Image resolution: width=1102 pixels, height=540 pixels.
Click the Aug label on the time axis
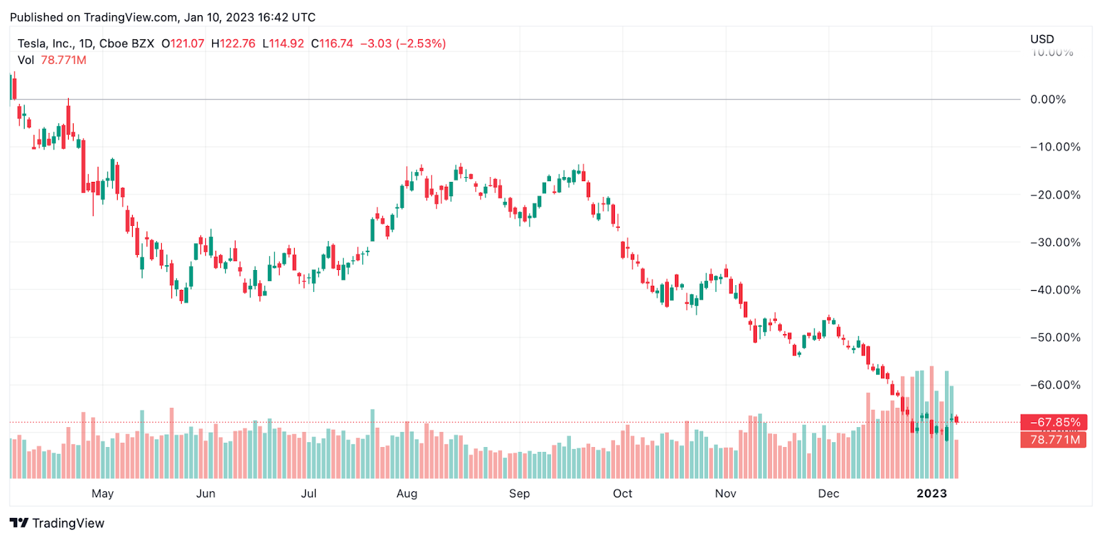pos(407,493)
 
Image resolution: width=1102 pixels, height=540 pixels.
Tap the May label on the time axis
pos(103,493)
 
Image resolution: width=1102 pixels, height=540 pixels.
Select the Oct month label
pos(623,493)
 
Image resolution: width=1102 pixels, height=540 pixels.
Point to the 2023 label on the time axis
pos(932,493)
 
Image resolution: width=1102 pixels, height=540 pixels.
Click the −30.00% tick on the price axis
pos(1055,242)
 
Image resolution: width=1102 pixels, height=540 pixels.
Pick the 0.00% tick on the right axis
pos(1048,100)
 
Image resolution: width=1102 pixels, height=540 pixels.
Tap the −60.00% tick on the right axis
pos(1055,385)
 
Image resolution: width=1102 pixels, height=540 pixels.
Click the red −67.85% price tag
pos(1054,422)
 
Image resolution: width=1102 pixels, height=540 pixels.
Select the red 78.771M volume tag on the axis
pos(1054,439)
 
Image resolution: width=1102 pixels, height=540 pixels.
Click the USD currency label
pos(1042,39)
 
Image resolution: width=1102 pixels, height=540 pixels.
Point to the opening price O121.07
pos(183,43)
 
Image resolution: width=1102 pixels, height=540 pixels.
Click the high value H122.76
pos(233,43)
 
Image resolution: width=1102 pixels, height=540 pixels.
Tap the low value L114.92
pos(283,43)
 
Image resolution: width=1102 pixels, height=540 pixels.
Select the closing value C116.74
pos(332,43)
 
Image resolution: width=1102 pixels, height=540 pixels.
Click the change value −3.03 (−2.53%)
pos(403,43)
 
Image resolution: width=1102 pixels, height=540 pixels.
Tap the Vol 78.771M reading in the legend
pos(52,60)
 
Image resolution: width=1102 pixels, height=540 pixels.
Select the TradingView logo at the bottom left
pos(57,523)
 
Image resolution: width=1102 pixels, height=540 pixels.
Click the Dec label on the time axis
pos(829,493)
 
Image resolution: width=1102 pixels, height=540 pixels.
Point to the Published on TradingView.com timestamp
pos(163,17)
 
